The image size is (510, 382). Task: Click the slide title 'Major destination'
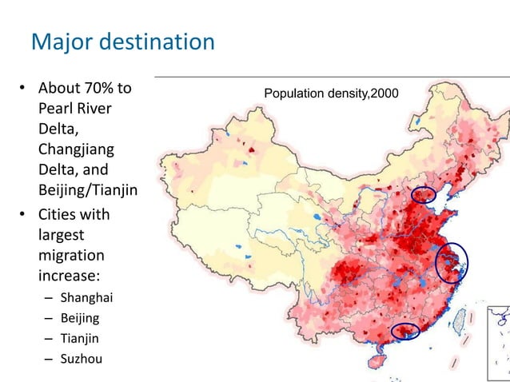(x=122, y=41)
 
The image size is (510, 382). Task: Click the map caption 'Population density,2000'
(x=330, y=94)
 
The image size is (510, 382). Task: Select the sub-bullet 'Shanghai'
(x=86, y=298)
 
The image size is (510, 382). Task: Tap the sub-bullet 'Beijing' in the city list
(x=80, y=318)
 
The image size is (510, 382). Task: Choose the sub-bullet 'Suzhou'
(x=81, y=358)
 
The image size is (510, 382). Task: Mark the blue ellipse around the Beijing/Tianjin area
(x=424, y=194)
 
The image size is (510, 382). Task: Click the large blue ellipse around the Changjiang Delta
(x=452, y=262)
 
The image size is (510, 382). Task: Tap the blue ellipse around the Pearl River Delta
(x=404, y=330)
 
